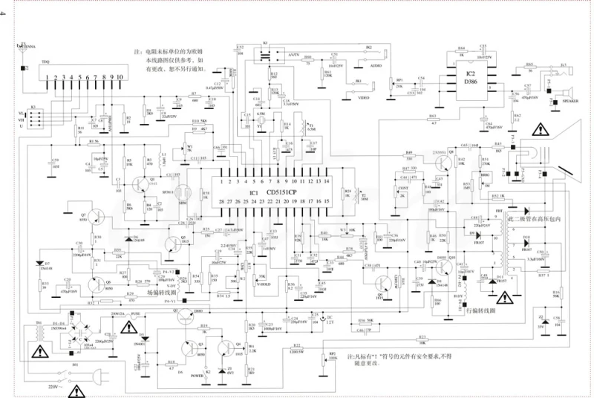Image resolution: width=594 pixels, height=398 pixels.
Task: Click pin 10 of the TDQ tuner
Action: (120, 77)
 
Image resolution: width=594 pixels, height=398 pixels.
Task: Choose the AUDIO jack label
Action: (376, 65)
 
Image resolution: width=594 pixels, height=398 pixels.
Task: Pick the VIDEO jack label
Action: (364, 97)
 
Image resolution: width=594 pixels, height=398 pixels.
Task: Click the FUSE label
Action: (136, 315)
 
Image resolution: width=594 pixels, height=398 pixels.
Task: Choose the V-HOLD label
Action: (264, 283)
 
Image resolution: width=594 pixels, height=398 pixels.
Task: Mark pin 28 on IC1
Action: (221, 202)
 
